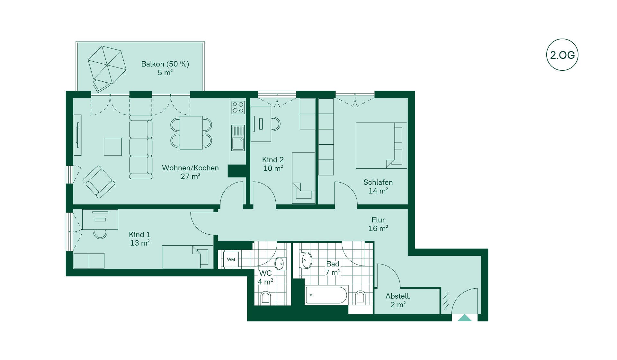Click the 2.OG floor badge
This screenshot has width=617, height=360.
pos(562,55)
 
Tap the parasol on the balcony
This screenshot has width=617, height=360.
pos(107,65)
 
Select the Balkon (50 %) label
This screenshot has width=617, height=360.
pos(165,64)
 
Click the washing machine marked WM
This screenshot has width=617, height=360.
pos(231,259)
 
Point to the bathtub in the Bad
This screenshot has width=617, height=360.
pos(326,295)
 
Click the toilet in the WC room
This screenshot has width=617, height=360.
pos(265,297)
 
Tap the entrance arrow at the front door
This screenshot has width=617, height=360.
pos(464,318)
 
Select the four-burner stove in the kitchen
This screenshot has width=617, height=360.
pos(238,107)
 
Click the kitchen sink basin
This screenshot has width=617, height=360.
pos(238,144)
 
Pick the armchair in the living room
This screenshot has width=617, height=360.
pos(99,182)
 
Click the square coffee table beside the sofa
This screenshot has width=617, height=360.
pos(113,147)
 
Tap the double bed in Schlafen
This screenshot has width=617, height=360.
pos(381,146)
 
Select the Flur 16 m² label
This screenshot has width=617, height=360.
pos(378,224)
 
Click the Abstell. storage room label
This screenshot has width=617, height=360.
pos(398,296)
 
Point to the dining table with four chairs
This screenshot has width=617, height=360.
pos(191,133)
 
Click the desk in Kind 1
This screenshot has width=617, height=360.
pos(100,220)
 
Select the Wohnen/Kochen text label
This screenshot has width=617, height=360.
pos(190,168)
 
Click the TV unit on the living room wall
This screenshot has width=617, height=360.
pos(77,135)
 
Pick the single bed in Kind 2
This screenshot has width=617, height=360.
pos(303,178)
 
